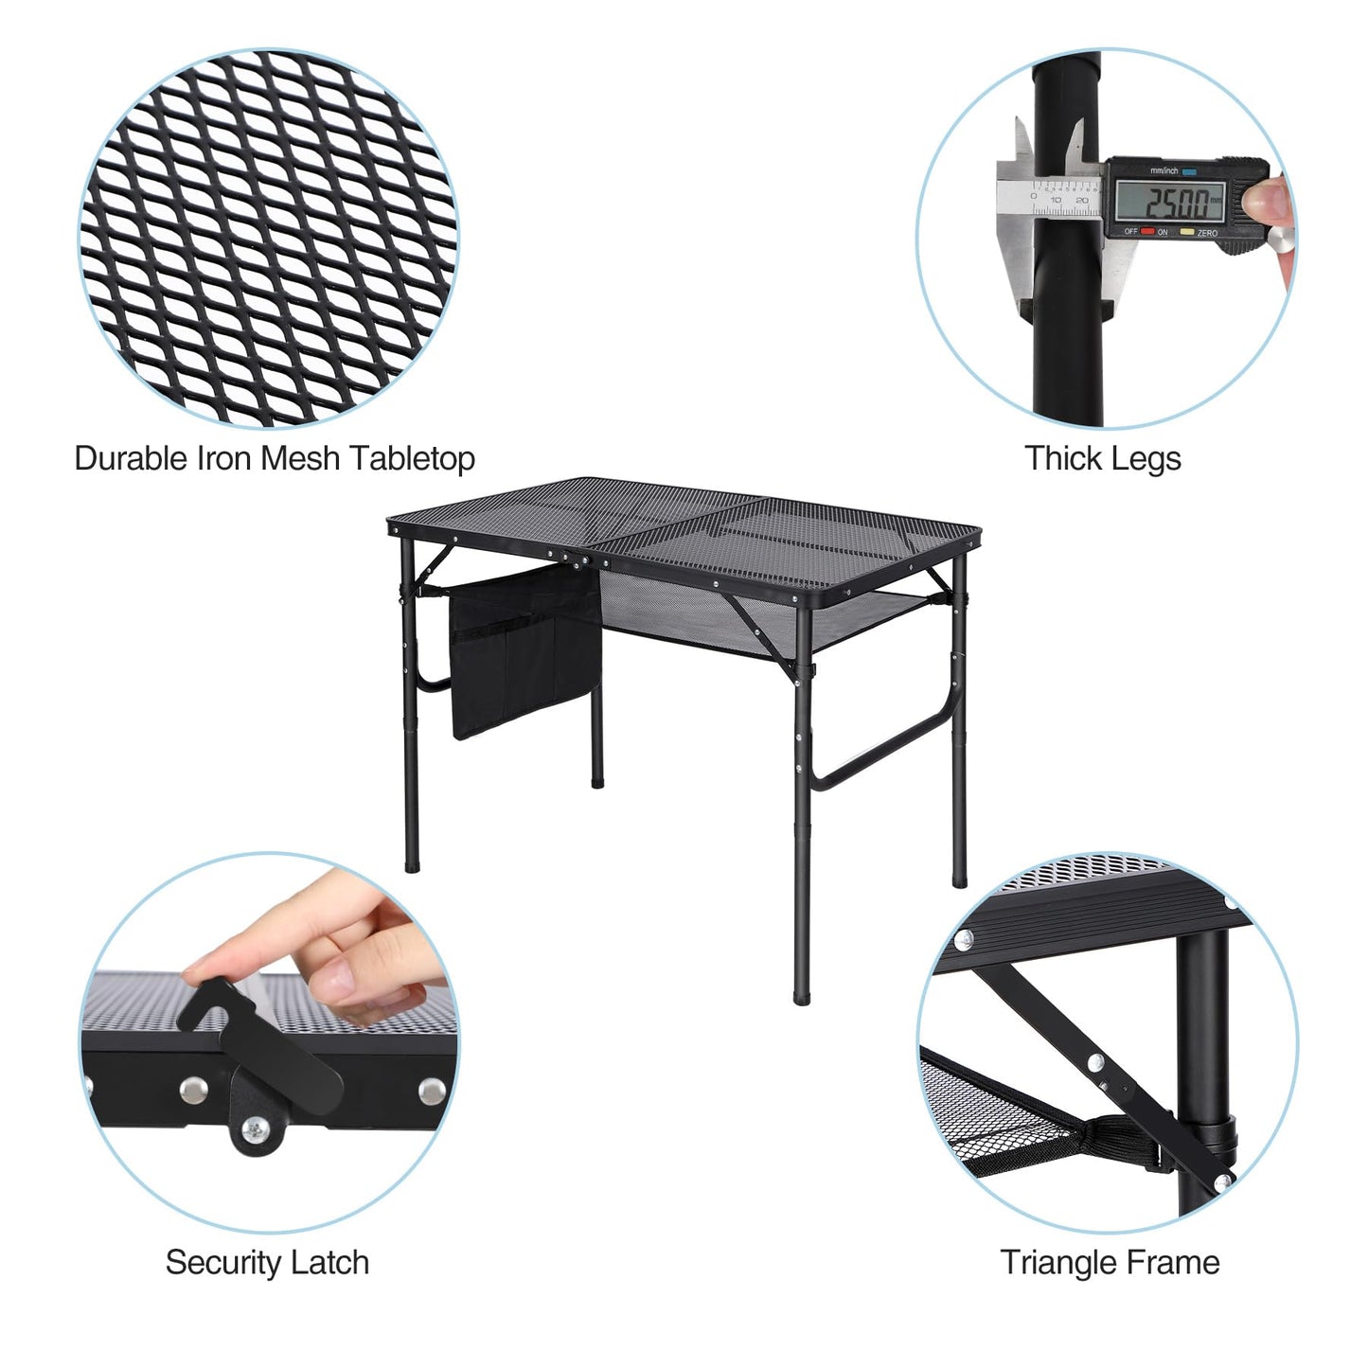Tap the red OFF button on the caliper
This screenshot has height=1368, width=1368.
click(x=1146, y=231)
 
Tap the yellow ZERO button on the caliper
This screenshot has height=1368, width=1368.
click(x=1186, y=231)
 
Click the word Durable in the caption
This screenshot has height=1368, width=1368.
click(x=131, y=458)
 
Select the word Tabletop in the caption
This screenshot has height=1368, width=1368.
click(x=413, y=459)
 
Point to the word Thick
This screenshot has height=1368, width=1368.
click(x=1060, y=458)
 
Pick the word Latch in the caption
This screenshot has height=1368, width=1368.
click(x=329, y=1263)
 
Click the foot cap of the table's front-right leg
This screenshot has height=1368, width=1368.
click(x=802, y=997)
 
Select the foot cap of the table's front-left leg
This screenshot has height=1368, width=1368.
click(x=412, y=864)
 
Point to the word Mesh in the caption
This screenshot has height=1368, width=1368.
click(x=299, y=458)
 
